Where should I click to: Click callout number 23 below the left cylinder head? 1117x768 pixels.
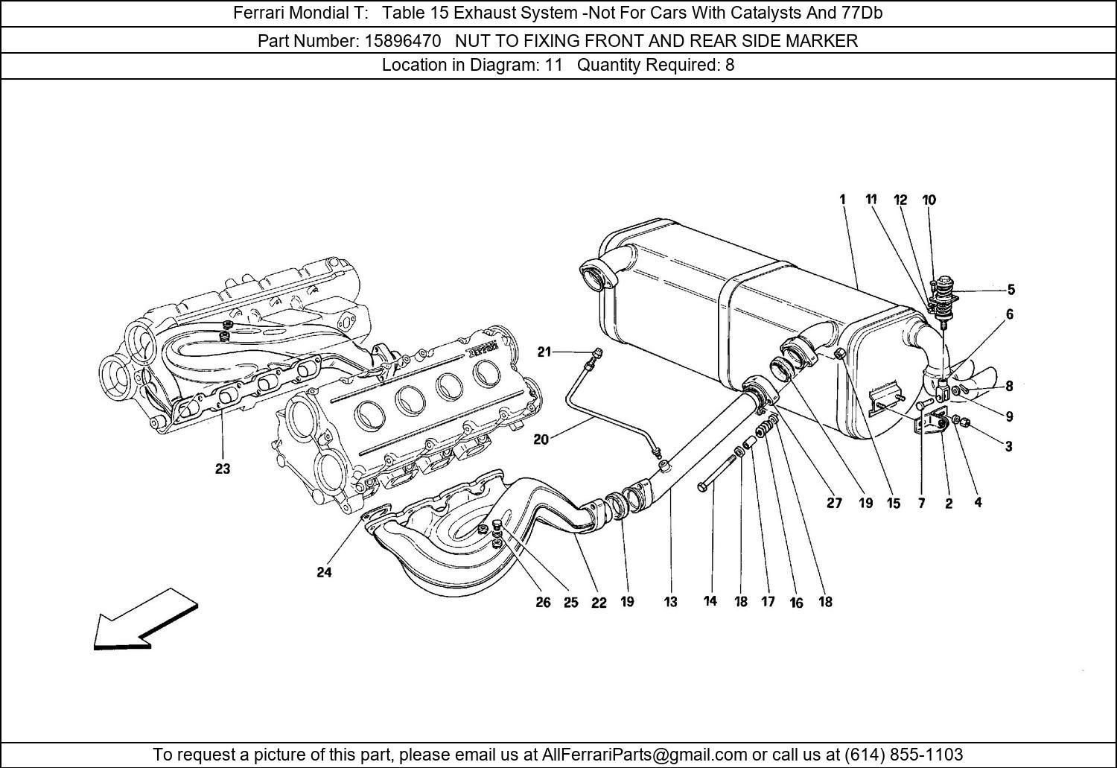tap(223, 469)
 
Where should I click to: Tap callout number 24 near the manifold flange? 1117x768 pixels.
tap(324, 572)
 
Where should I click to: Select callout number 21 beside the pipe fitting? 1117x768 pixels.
tap(545, 352)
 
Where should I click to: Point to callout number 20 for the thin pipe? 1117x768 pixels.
tap(541, 439)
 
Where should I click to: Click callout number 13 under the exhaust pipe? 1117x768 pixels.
tap(671, 602)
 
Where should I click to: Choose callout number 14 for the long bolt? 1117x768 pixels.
tap(710, 600)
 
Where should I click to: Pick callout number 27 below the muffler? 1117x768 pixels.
tap(834, 503)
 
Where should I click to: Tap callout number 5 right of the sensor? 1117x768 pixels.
tap(1011, 290)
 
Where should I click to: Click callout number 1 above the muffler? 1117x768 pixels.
tap(842, 200)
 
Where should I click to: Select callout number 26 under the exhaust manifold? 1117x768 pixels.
tap(543, 602)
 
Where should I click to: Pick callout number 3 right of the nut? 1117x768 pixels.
tap(1008, 447)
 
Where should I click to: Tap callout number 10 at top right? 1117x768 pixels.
tap(929, 200)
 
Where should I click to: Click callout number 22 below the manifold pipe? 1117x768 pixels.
tap(599, 603)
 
